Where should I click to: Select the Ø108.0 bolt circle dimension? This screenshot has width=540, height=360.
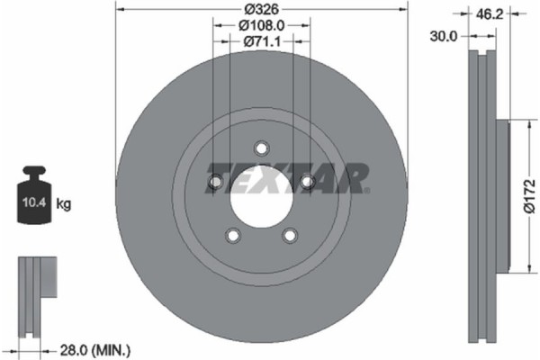tap(260, 27)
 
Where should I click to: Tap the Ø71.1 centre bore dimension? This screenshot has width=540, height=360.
tap(260, 41)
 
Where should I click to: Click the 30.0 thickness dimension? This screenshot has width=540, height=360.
tap(445, 36)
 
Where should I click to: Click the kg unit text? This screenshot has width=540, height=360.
tap(65, 204)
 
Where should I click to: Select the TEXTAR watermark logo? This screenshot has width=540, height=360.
tap(288, 177)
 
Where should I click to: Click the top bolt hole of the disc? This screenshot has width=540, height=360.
tap(261, 148)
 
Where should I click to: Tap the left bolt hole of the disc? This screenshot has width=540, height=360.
tap(214, 183)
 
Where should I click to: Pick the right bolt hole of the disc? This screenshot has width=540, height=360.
tap(307, 183)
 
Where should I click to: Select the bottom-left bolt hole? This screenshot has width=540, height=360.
tap(232, 236)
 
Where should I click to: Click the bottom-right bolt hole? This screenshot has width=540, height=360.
tap(289, 236)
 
